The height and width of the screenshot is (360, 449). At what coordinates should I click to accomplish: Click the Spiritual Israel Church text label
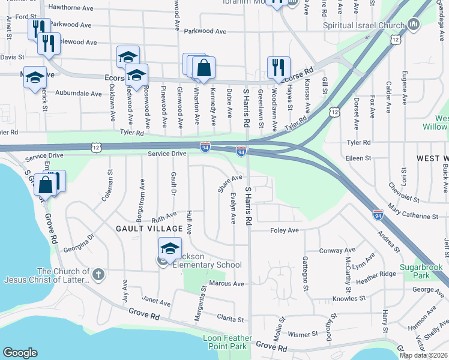[364, 26]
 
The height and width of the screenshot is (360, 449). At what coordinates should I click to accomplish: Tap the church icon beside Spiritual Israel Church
[413, 25]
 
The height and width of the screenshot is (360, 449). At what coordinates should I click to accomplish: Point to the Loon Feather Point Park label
[224, 342]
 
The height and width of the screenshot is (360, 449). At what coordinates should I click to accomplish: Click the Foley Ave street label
[285, 230]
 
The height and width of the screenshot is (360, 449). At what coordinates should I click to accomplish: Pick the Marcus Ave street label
[227, 283]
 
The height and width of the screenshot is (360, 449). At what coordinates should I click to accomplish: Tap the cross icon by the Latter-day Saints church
[98, 275]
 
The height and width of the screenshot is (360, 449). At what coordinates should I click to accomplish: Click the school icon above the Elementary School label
[170, 248]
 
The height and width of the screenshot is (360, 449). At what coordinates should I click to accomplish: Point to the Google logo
[20, 353]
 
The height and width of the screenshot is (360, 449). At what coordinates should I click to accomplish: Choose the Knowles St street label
[349, 298]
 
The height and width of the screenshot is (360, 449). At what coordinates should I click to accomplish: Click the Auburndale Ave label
[79, 94]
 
